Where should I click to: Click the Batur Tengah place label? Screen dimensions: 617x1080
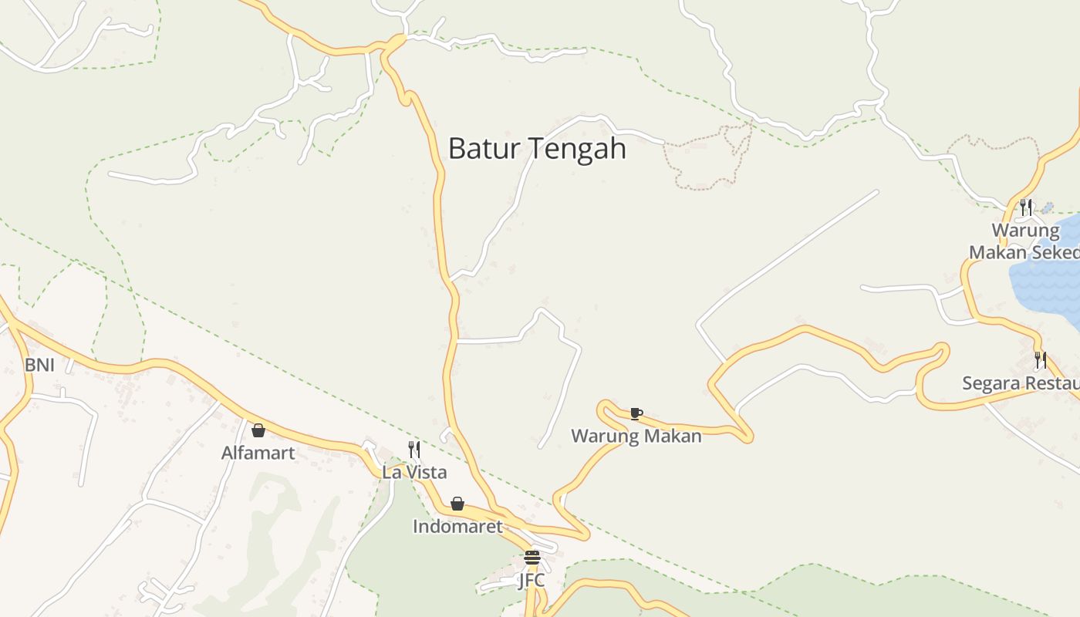coord(537,148)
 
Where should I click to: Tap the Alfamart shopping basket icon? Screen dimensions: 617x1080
coord(258,430)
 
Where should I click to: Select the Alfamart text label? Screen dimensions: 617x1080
coord(258,453)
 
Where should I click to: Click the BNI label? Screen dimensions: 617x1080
coord(39,365)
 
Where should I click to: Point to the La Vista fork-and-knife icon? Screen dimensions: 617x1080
coord(414,449)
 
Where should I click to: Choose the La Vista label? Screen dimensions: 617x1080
coord(414,471)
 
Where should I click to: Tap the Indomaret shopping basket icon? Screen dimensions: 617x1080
coord(457,504)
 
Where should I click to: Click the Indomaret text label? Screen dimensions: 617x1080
coord(457,527)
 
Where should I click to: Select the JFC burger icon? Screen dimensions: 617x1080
coord(532,558)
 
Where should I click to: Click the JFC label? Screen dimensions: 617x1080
coord(532,580)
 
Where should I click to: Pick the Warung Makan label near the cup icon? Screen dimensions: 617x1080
coord(636,436)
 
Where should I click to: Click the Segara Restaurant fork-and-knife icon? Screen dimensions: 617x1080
coord(1041,359)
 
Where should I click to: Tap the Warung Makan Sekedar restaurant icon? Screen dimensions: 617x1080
coord(1026,207)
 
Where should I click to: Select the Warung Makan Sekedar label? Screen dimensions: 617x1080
coord(1024,241)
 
